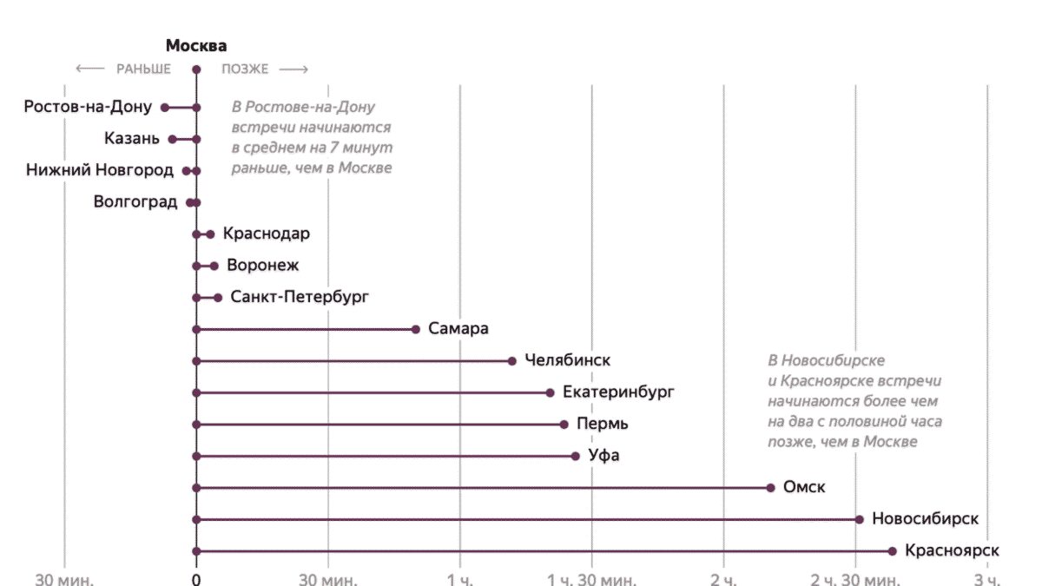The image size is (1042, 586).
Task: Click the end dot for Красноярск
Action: (x=892, y=551)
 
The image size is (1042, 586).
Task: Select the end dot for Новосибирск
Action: (x=860, y=519)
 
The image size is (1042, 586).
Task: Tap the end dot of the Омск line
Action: (x=770, y=488)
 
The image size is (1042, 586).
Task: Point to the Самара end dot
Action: (x=416, y=329)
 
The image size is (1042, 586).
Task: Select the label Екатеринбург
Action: (x=618, y=392)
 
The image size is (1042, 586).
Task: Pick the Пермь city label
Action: (x=606, y=425)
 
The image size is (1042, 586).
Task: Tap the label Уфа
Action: (x=604, y=456)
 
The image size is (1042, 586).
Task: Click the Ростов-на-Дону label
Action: (x=88, y=107)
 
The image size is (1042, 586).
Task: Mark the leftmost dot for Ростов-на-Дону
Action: (x=164, y=108)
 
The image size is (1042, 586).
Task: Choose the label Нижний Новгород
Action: (x=100, y=170)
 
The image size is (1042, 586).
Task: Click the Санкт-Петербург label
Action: (x=300, y=297)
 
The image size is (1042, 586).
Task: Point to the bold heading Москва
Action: (x=196, y=46)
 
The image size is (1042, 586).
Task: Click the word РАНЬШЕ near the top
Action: (x=143, y=69)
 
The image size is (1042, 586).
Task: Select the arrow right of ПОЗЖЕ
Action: (x=293, y=69)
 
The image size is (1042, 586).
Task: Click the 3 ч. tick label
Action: (x=987, y=579)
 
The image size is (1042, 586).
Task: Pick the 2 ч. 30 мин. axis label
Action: (x=854, y=579)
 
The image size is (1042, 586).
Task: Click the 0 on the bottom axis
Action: (x=196, y=579)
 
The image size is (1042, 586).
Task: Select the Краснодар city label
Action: (x=266, y=234)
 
